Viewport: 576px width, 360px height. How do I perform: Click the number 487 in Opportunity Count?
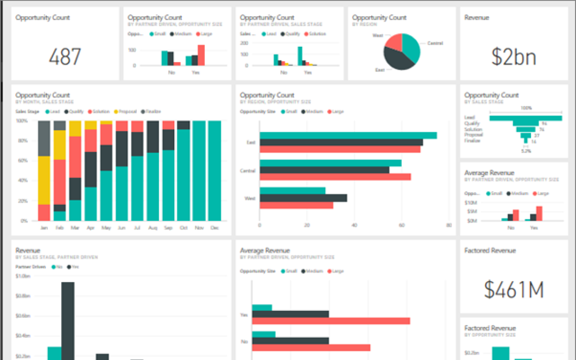click(x=65, y=57)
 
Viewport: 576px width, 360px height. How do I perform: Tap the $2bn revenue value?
click(x=513, y=57)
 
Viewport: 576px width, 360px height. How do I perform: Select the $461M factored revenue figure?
click(x=513, y=289)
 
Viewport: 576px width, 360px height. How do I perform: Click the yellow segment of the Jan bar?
click(x=44, y=180)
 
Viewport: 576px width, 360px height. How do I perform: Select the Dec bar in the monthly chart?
click(x=215, y=171)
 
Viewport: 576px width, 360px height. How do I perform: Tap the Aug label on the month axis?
click(x=153, y=228)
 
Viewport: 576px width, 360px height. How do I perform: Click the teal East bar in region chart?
click(x=348, y=135)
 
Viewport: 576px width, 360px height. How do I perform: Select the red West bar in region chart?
click(x=296, y=205)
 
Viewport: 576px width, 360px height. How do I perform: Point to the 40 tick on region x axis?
click(x=354, y=225)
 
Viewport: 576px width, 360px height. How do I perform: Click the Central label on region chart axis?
click(x=247, y=171)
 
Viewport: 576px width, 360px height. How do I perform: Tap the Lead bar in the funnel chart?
click(x=525, y=118)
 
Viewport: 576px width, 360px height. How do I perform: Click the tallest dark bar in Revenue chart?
click(x=67, y=320)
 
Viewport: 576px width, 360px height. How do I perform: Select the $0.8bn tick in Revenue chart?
click(x=22, y=296)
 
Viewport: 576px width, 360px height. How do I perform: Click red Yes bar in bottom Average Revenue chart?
click(x=331, y=321)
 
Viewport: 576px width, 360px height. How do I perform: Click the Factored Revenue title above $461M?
click(x=490, y=250)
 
